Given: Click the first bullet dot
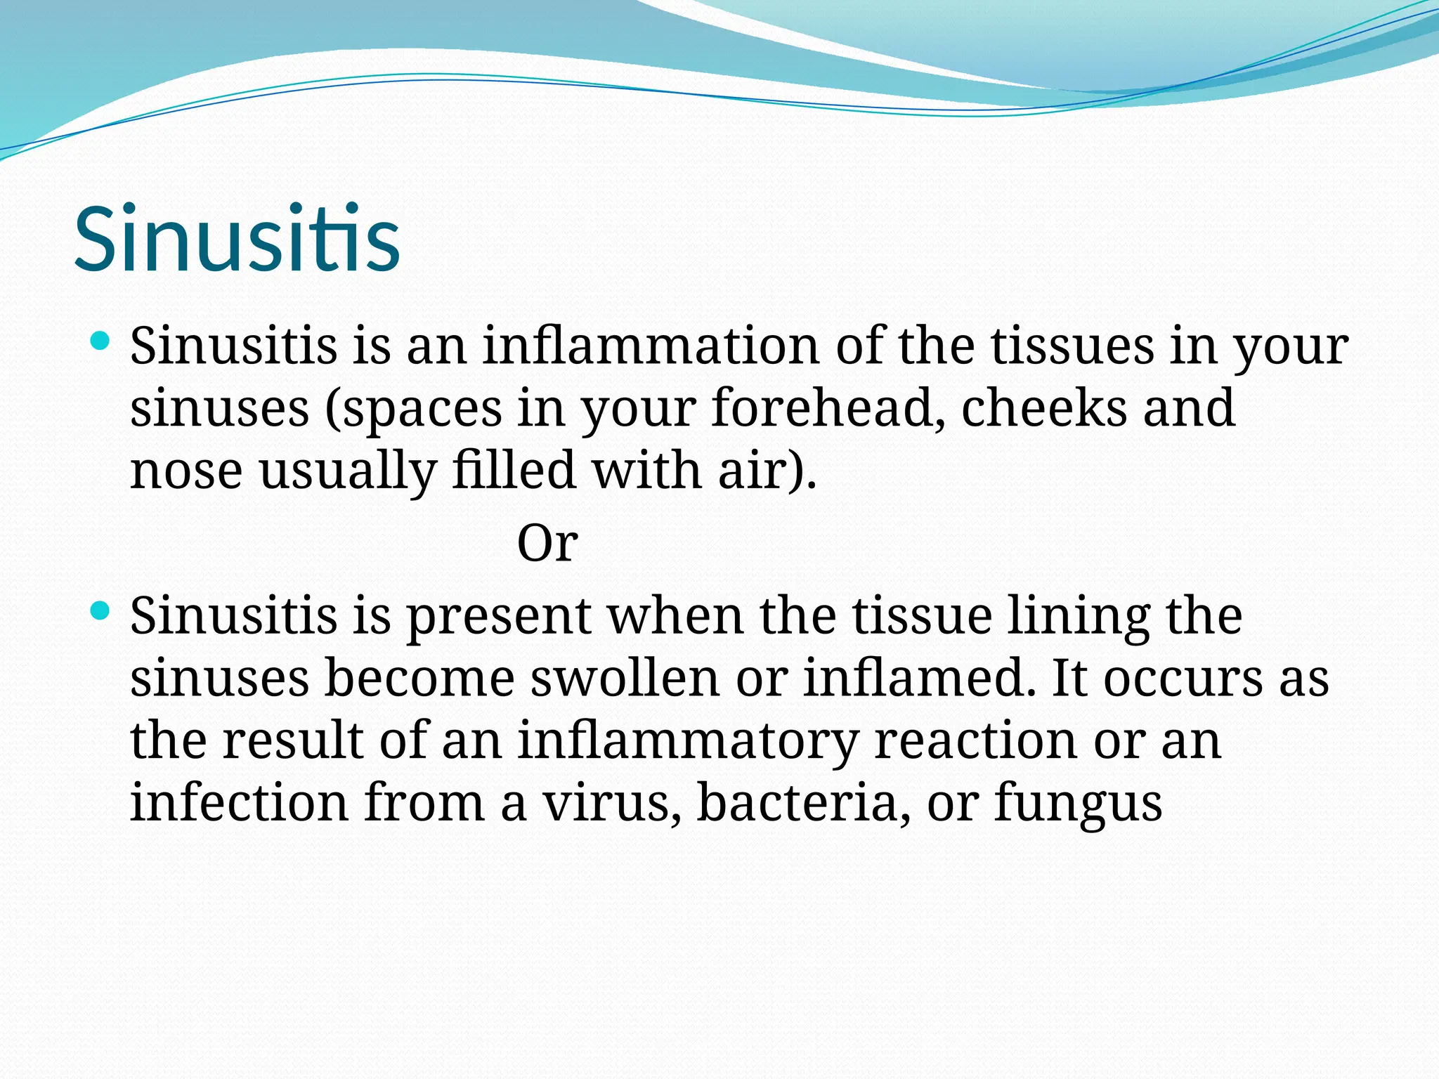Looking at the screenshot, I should (101, 343).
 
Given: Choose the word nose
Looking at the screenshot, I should (186, 471).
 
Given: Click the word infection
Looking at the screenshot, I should (239, 802).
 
